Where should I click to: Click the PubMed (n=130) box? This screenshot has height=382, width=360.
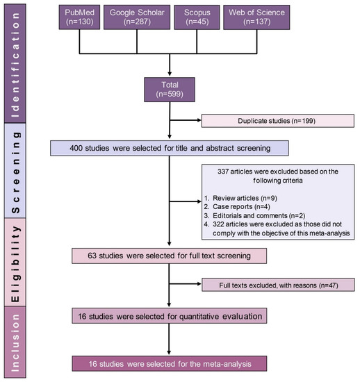pos(79,17)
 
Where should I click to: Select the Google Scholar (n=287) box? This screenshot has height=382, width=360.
pos(137,17)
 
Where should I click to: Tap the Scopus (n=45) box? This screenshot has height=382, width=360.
pos(197,17)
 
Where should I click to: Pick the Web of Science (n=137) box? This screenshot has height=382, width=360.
pos(256,17)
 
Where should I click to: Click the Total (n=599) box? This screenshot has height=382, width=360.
pos(170,90)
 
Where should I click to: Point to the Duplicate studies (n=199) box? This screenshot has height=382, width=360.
pos(278,121)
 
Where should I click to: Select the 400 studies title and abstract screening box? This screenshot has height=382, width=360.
pos(170,148)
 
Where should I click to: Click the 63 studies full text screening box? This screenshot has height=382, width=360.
pos(170,256)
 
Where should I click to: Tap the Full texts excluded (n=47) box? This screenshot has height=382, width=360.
pos(279,285)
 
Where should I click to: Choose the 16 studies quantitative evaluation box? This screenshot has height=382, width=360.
pos(170,316)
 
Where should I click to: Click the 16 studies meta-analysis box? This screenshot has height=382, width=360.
pos(170,364)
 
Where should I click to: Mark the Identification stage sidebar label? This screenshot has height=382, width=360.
pos(15,64)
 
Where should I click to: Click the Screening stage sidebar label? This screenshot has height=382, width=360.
pos(15,171)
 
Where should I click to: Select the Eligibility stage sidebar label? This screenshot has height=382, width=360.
pos(15,262)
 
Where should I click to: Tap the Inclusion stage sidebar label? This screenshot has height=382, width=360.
pos(15,342)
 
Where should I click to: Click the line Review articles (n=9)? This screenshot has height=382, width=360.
pos(241,198)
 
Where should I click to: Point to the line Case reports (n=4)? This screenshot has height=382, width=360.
pos(237,207)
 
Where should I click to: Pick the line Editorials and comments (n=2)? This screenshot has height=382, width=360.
pos(254,215)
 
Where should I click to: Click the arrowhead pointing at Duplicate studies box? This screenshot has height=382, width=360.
pos(199,120)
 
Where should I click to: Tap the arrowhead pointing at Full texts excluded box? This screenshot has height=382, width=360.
pos(199,284)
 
